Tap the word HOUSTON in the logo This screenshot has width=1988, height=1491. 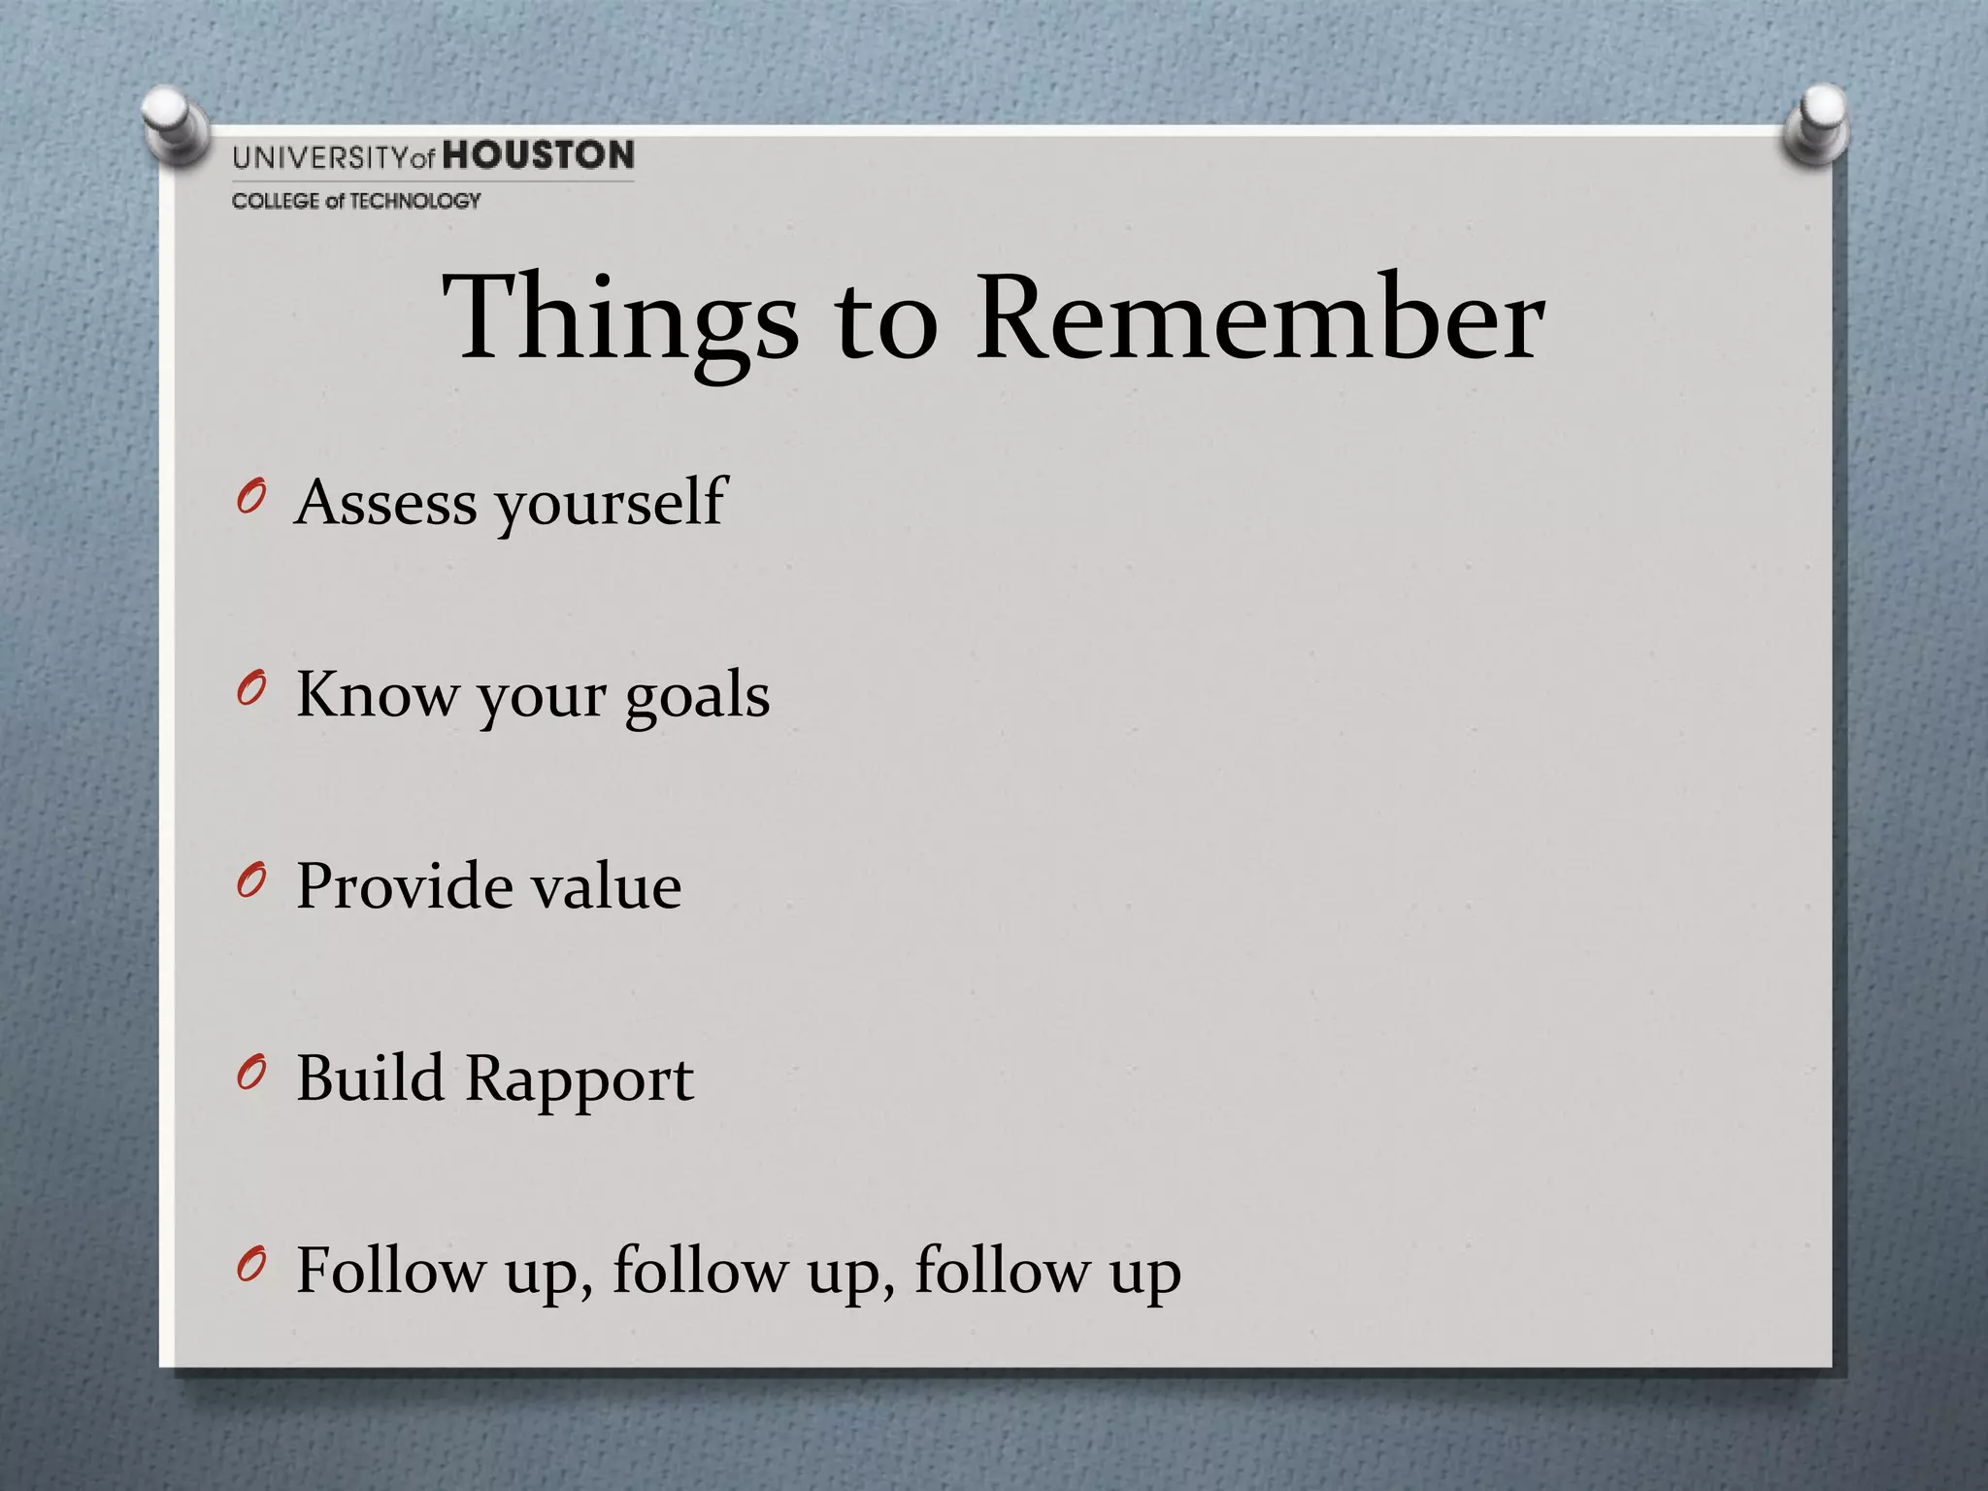[539, 155]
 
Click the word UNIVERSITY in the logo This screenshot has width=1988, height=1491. [320, 157]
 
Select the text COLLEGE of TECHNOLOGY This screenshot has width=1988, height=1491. [356, 201]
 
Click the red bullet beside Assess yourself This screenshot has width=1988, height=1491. [250, 500]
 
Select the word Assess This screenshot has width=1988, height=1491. [386, 503]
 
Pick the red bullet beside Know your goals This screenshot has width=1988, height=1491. [250, 691]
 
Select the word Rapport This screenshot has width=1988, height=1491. [580, 1081]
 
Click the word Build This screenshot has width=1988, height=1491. [370, 1077]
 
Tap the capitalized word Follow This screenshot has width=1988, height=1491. [389, 1270]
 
